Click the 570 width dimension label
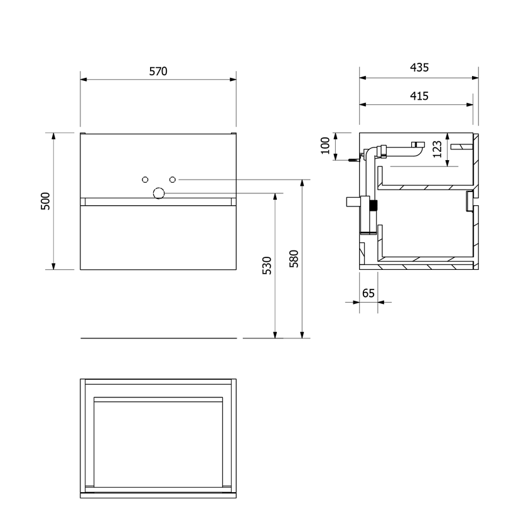coord(158,71)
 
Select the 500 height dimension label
coord(45,201)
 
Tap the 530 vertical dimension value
coord(267,265)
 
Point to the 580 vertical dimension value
coord(294,259)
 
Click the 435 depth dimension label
coord(419,67)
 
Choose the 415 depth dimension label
coord(419,96)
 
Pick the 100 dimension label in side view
coord(325,146)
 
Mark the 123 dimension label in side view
coord(438,149)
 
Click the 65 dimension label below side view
coord(368,293)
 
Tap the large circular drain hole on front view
coord(159,193)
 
